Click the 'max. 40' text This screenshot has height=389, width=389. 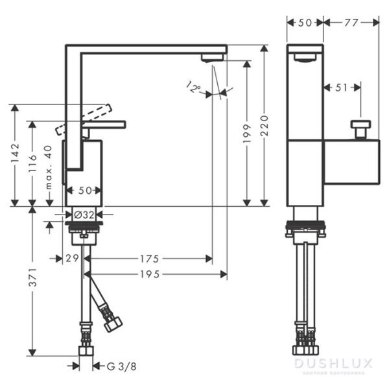48,167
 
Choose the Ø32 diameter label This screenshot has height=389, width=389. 84,214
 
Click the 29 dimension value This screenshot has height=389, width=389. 72,259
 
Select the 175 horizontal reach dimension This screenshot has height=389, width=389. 148,259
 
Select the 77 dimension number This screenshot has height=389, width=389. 351,22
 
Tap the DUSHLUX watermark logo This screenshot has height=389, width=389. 333,364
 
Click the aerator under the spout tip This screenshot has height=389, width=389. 211,58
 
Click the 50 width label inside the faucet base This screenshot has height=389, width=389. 84,191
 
